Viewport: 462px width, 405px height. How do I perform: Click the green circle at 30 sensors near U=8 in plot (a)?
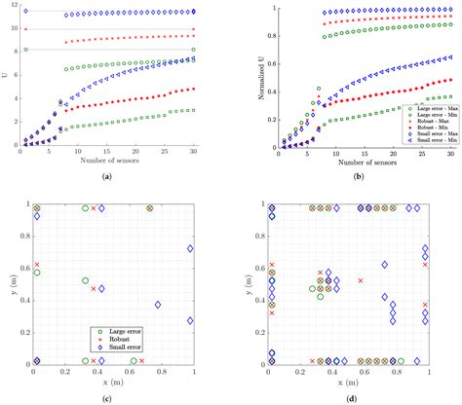[194, 49]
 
